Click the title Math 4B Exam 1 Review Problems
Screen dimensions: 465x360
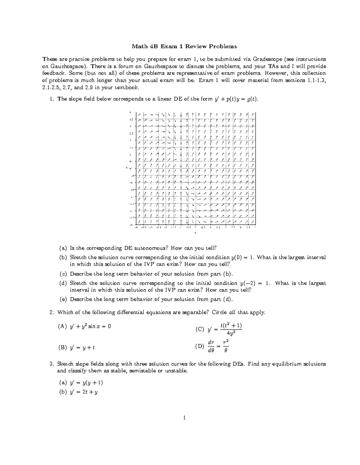(x=184, y=46)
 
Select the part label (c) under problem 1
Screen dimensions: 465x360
(x=63, y=274)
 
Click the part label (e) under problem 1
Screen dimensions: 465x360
(x=63, y=299)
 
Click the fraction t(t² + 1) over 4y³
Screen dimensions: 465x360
(x=231, y=329)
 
